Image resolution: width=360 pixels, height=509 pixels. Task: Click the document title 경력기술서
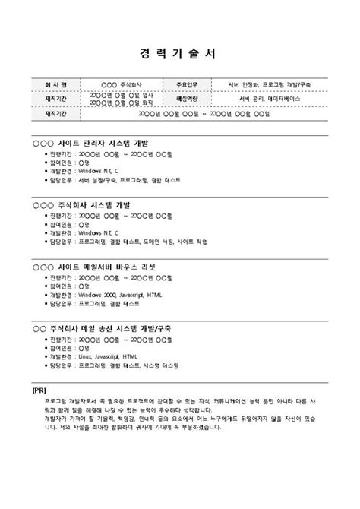point(179,54)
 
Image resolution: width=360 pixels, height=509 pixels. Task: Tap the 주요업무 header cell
point(187,84)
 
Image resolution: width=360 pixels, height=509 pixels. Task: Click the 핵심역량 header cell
point(187,99)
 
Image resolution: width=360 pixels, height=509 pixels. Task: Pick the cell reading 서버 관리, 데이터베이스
point(269,99)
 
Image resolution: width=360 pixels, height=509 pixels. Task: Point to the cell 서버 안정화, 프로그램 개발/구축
point(269,84)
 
